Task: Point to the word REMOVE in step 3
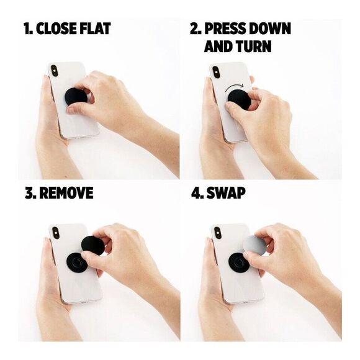pyautogui.click(x=66, y=193)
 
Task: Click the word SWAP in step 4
pyautogui.click(x=227, y=193)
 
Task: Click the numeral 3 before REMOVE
pyautogui.click(x=29, y=193)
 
